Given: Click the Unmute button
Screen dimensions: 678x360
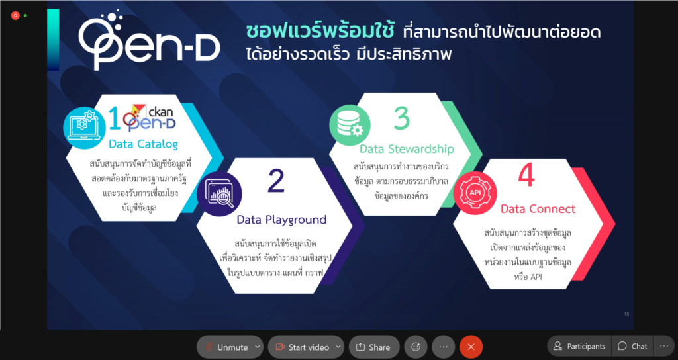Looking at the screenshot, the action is click(230, 347).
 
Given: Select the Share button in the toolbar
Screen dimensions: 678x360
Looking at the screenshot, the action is click(374, 347).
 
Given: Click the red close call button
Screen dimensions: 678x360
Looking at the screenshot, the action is click(471, 347).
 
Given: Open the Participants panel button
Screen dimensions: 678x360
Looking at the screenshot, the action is click(579, 346).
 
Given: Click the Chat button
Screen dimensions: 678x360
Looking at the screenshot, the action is click(632, 346).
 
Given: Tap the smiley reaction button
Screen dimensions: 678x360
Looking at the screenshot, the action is click(416, 347).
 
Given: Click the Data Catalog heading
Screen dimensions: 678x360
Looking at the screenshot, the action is click(143, 144).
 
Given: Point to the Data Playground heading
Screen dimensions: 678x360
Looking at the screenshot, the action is click(281, 220).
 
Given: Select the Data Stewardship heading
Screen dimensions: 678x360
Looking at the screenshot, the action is click(407, 149).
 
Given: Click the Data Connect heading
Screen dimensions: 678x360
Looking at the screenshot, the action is click(538, 209).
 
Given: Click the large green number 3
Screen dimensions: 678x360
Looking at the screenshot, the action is click(402, 118).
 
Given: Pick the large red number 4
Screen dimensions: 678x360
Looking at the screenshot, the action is click(526, 175).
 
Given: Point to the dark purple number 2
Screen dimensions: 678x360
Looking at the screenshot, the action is click(276, 181).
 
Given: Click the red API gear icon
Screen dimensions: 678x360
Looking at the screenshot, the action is click(475, 193).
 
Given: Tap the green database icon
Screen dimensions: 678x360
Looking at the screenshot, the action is click(350, 125).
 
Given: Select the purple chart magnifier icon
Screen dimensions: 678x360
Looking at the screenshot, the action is click(219, 194).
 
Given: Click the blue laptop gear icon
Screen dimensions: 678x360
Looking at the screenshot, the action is click(84, 128).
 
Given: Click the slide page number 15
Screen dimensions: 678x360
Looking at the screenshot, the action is click(626, 314).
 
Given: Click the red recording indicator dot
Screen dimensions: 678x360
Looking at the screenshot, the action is click(15, 16).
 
